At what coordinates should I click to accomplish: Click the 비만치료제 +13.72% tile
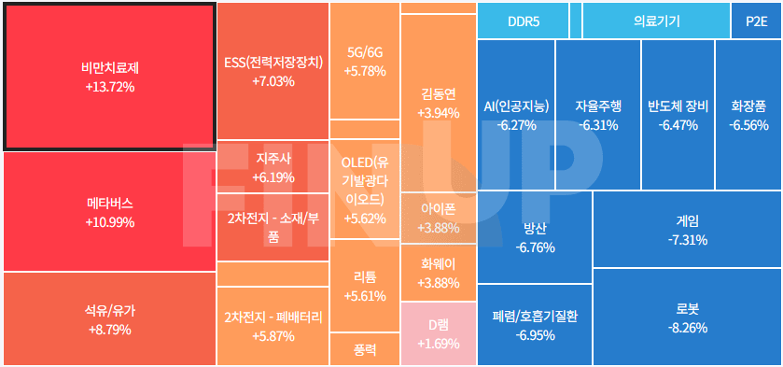109,76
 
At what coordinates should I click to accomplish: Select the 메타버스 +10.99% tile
109,212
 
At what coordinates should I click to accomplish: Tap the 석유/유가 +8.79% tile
109,318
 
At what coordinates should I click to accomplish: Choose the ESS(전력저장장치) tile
273,72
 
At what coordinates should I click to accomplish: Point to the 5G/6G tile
364,61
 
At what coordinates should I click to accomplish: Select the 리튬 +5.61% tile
364,285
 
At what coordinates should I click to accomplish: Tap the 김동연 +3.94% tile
438,103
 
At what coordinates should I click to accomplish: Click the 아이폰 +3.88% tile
438,219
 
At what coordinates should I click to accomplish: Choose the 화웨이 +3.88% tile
438,273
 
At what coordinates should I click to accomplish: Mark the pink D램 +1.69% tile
438,333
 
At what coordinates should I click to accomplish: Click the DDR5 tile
523,21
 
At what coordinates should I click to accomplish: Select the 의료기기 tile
656,21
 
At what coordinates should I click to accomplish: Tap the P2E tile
756,21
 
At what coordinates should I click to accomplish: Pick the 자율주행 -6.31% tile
597,114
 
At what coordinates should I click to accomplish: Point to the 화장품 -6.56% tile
748,114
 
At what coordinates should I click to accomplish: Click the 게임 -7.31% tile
686,230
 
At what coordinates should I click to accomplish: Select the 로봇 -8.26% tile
686,318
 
